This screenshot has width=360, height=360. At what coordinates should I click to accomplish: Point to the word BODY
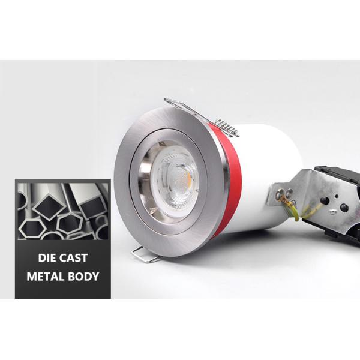(83, 277)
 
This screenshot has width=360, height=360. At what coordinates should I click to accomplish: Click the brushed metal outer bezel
(129, 198)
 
